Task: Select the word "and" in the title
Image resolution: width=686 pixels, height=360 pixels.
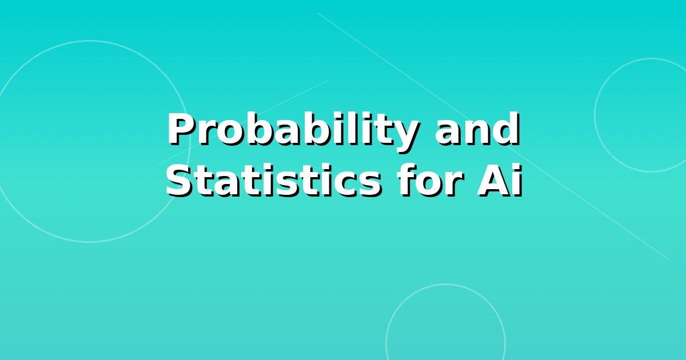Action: click(477, 129)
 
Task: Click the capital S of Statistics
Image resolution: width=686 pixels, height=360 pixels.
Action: click(180, 181)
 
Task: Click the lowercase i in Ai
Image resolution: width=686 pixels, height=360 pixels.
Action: click(517, 180)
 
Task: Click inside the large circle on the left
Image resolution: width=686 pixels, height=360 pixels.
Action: click(89, 142)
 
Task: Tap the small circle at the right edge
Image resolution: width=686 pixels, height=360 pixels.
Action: click(595, 115)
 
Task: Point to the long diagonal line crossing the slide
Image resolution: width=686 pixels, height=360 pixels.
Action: click(493, 136)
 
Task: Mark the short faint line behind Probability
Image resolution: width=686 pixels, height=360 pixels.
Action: click(244, 122)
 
